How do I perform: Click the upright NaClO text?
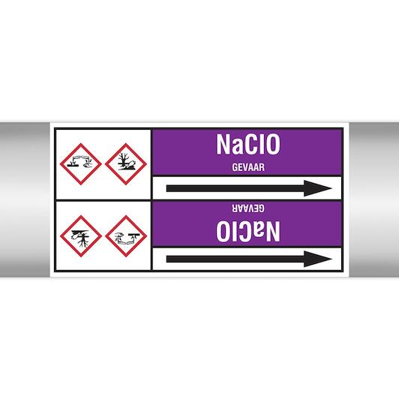[x=248, y=144]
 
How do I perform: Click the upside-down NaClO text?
[x=248, y=231]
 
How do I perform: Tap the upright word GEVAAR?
[x=248, y=167]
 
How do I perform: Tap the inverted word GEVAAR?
[x=248, y=208]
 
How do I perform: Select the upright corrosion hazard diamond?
[x=81, y=163]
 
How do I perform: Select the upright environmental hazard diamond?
[x=126, y=163]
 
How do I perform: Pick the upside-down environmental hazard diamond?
[x=81, y=236]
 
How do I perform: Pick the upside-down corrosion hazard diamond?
[x=126, y=236]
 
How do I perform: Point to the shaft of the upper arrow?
[x=235, y=188]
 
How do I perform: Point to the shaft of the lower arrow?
[x=235, y=259]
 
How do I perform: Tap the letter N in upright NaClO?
[x=223, y=144]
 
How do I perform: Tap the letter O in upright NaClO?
[x=273, y=144]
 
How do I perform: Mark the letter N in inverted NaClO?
[x=273, y=231]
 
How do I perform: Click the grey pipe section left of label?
[x=25, y=199]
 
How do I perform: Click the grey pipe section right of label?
[x=374, y=199]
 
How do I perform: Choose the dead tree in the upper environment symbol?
[x=123, y=160]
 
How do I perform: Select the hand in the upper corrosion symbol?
[x=87, y=165]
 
